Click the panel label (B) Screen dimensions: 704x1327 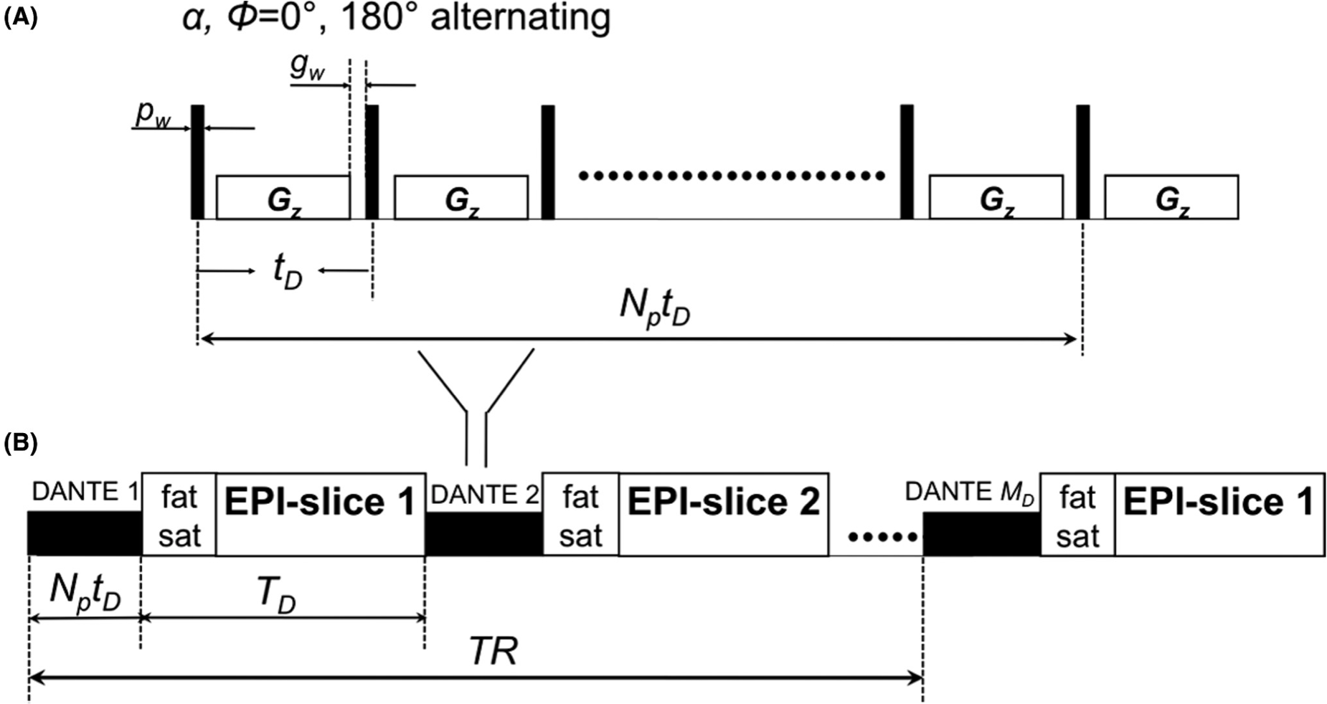pyautogui.click(x=20, y=443)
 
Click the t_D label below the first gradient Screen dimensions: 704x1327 pyautogui.click(x=287, y=272)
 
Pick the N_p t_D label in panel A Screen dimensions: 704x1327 pyautogui.click(x=654, y=310)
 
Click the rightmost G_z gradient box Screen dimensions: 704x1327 pyautogui.click(x=1171, y=197)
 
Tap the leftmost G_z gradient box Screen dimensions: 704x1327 pyautogui.click(x=283, y=197)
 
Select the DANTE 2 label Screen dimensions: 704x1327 pyautogui.click(x=483, y=494)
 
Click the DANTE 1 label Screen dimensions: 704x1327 pyautogui.click(x=85, y=492)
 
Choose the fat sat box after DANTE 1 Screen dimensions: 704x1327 pyautogui.click(x=179, y=514)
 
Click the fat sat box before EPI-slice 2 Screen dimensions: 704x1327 pyautogui.click(x=580, y=514)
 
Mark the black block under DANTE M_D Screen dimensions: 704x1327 pyautogui.click(x=981, y=534)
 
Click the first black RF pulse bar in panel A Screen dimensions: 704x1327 pyautogui.click(x=197, y=161)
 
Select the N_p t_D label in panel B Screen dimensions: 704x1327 pyautogui.click(x=85, y=594)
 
